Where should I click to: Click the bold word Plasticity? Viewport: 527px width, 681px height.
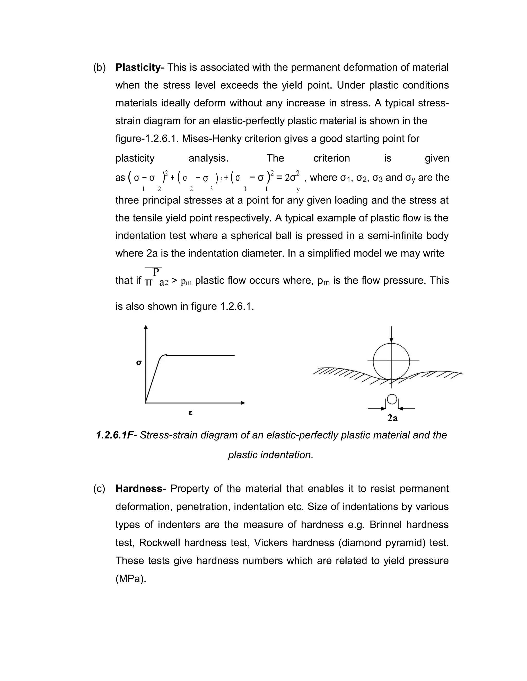[138, 67]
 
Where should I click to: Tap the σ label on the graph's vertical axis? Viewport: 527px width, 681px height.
[139, 363]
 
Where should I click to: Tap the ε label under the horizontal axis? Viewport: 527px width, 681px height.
[190, 413]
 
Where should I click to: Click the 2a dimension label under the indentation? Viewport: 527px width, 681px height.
[392, 418]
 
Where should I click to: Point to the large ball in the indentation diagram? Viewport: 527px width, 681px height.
[391, 361]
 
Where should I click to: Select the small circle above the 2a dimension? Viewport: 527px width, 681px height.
[392, 399]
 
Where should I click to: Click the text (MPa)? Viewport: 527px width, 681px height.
[131, 579]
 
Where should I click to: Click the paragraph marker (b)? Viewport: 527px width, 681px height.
[99, 67]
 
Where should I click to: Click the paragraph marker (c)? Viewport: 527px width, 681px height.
[99, 489]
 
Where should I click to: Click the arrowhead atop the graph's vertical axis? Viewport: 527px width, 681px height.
[145, 327]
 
